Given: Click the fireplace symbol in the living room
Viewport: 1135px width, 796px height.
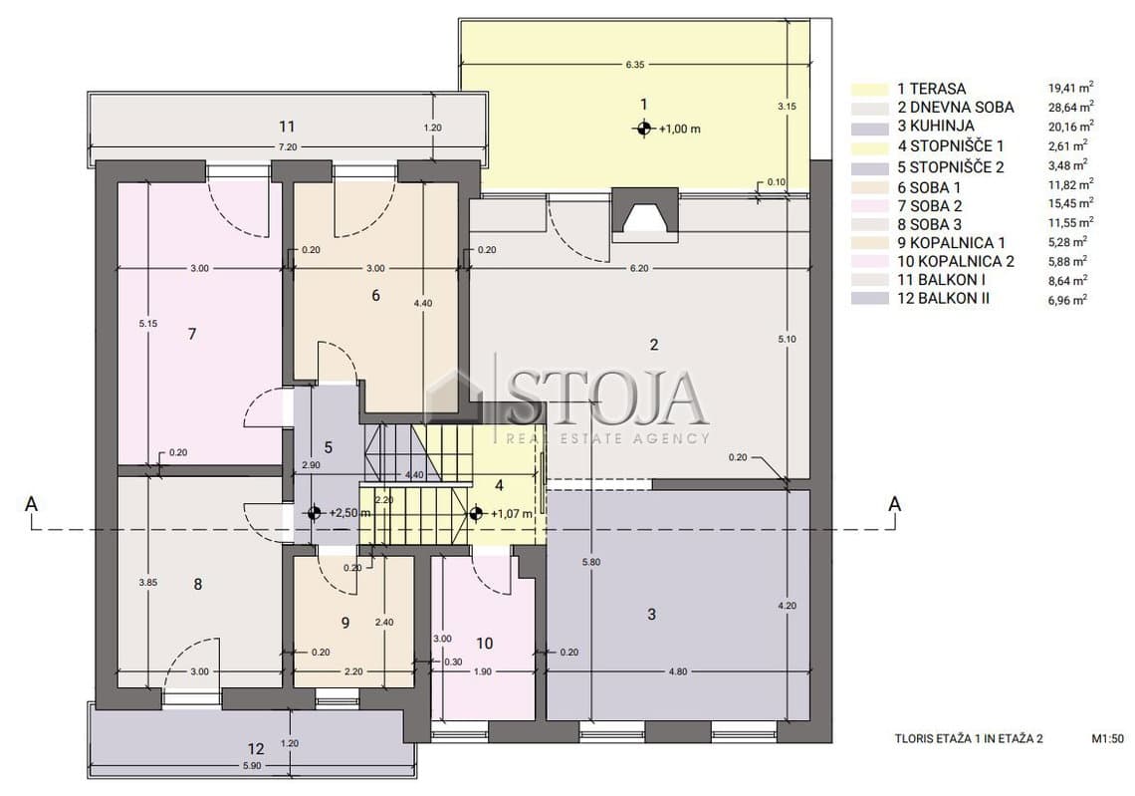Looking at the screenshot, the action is pyautogui.click(x=646, y=215).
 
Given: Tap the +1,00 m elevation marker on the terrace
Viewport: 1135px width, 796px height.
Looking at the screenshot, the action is pyautogui.click(x=642, y=129).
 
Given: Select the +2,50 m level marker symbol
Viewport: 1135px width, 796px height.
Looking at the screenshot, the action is pyautogui.click(x=314, y=513).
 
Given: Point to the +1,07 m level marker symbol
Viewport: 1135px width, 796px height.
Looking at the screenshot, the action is pyautogui.click(x=476, y=513).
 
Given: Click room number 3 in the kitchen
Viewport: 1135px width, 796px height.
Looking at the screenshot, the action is pyautogui.click(x=651, y=615).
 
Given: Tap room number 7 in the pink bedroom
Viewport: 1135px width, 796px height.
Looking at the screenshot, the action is pyautogui.click(x=192, y=334).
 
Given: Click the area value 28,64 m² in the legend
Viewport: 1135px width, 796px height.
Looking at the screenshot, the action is pyautogui.click(x=1070, y=108).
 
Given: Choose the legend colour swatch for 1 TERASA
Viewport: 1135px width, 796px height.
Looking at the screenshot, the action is pyautogui.click(x=869, y=89).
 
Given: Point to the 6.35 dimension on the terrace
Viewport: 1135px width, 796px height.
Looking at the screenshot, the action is pyautogui.click(x=635, y=65).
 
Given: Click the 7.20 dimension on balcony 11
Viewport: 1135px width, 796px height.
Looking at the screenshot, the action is pyautogui.click(x=288, y=146).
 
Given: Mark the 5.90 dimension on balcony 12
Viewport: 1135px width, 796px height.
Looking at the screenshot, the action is pyautogui.click(x=253, y=765).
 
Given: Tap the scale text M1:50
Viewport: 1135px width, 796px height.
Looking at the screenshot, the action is pyautogui.click(x=1107, y=739).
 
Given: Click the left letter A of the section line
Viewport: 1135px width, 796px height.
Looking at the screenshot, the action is pyautogui.click(x=31, y=503).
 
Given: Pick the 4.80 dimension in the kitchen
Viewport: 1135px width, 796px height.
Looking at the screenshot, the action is pyautogui.click(x=678, y=671).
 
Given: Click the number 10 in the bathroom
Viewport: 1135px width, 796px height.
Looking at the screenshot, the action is pyautogui.click(x=484, y=644).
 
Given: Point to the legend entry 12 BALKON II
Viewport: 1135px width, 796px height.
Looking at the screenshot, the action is pyautogui.click(x=943, y=299).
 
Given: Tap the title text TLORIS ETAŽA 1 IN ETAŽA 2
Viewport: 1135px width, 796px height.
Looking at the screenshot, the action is pyautogui.click(x=969, y=739).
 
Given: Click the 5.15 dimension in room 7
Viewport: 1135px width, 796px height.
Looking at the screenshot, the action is pyautogui.click(x=147, y=323).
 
